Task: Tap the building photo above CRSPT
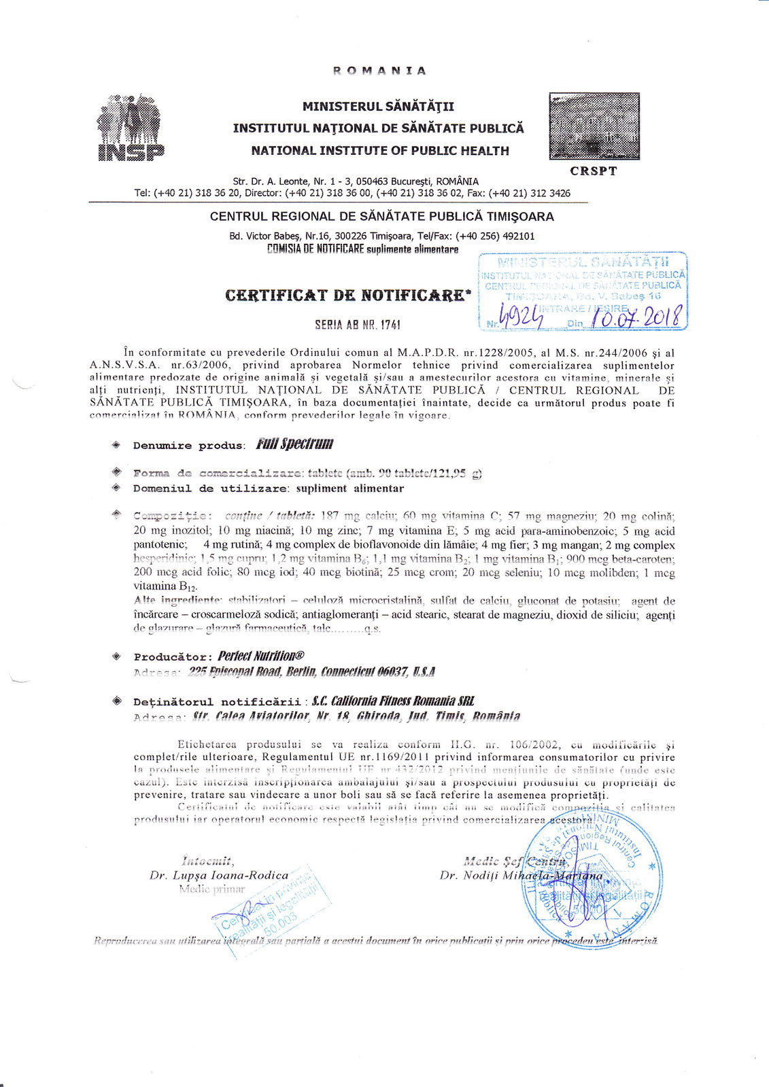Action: pos(594,127)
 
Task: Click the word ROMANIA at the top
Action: pos(379,71)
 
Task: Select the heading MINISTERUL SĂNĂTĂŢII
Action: pos(379,107)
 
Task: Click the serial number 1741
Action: pos(386,325)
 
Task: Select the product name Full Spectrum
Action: pos(294,444)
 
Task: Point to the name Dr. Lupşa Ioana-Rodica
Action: pos(219,875)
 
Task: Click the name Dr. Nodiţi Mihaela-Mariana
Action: pos(521,875)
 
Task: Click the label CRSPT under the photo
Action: pos(594,171)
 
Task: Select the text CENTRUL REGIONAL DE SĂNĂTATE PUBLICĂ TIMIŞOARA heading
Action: pos(381,217)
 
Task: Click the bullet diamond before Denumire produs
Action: pos(116,445)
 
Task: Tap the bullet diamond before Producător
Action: pos(116,657)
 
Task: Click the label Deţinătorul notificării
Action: pos(217,702)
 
